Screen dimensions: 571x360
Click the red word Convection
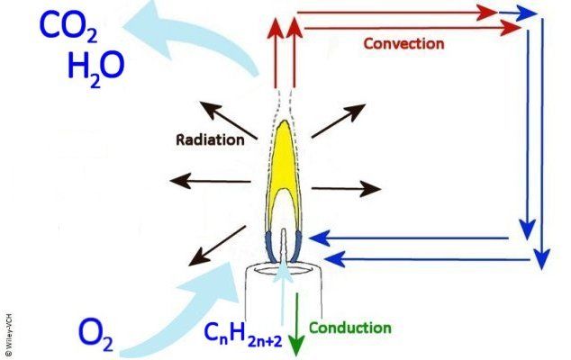click(x=403, y=44)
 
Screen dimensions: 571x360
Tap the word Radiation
click(x=210, y=140)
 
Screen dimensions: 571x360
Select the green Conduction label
click(x=350, y=328)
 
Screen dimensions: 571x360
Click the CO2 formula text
click(x=68, y=26)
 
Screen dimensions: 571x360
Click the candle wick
click(x=284, y=245)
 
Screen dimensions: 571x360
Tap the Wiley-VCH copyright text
click(x=9, y=335)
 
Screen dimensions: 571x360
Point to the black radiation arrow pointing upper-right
click(x=339, y=121)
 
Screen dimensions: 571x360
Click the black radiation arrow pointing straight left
click(x=211, y=181)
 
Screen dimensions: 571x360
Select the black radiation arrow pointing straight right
click(x=347, y=189)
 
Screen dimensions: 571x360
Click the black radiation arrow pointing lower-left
click(x=217, y=246)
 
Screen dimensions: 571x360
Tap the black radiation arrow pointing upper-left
click(x=228, y=121)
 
